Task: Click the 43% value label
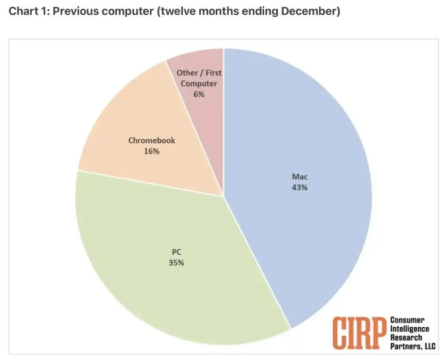click(x=300, y=187)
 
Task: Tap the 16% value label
click(x=151, y=151)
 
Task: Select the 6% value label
click(x=199, y=95)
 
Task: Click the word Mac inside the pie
click(x=300, y=177)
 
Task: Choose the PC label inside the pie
click(x=176, y=251)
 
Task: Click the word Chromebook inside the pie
click(x=151, y=140)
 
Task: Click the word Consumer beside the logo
click(x=408, y=320)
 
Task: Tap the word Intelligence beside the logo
click(x=410, y=329)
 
